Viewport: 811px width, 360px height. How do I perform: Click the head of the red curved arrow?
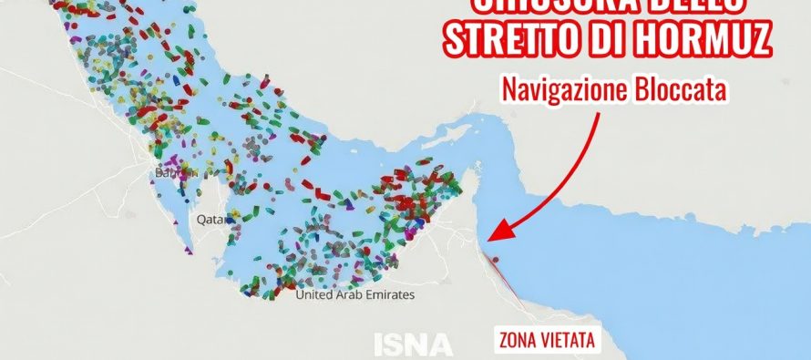pyautogui.click(x=493, y=236)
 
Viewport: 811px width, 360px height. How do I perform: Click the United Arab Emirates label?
pyautogui.click(x=355, y=295)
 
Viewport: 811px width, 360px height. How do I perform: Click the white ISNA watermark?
pyautogui.click(x=413, y=344)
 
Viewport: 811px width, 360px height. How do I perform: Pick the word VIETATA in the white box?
pyautogui.click(x=569, y=342)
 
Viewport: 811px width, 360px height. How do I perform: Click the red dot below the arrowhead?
pyautogui.click(x=496, y=259)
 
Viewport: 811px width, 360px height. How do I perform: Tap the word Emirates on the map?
pyautogui.click(x=388, y=295)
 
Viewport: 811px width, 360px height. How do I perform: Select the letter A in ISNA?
pyautogui.click(x=439, y=344)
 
